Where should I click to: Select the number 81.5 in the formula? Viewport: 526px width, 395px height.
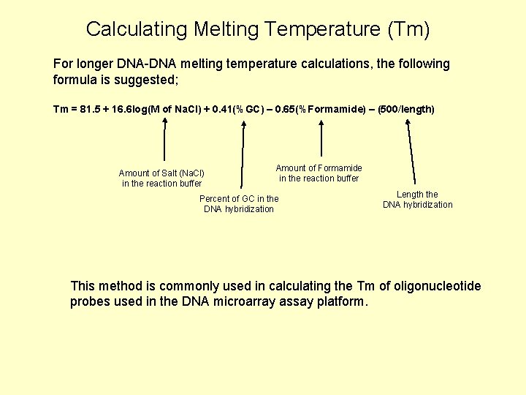91,110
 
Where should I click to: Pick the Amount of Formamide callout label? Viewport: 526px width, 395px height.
319,173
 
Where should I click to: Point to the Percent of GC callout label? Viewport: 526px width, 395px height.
239,203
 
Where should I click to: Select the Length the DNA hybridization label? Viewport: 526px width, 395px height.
417,199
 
